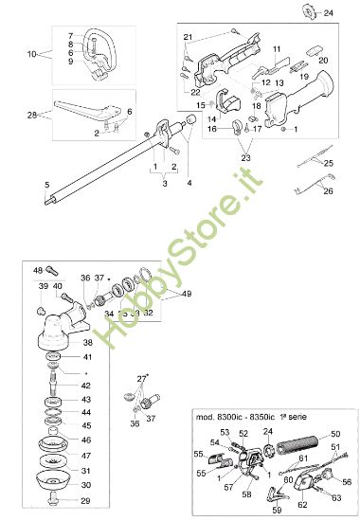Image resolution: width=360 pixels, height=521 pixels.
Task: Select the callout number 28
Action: coord(31,115)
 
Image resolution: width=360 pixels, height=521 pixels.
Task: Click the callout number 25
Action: coord(329,164)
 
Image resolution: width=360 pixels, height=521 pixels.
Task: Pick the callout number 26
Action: coord(329,190)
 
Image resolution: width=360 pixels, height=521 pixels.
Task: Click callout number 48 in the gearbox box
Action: coord(38,271)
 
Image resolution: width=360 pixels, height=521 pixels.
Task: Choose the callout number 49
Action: coord(187,294)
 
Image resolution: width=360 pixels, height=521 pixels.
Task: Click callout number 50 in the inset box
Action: coord(334,433)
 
